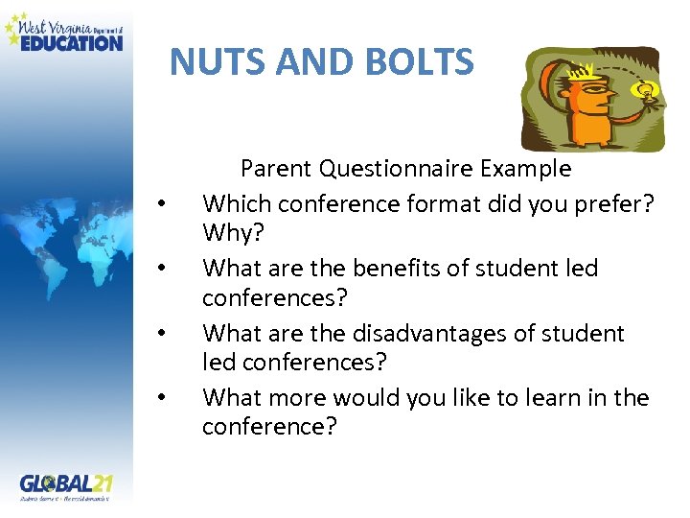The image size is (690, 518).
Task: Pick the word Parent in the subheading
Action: click(x=277, y=169)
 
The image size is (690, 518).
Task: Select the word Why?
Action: click(x=225, y=233)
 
